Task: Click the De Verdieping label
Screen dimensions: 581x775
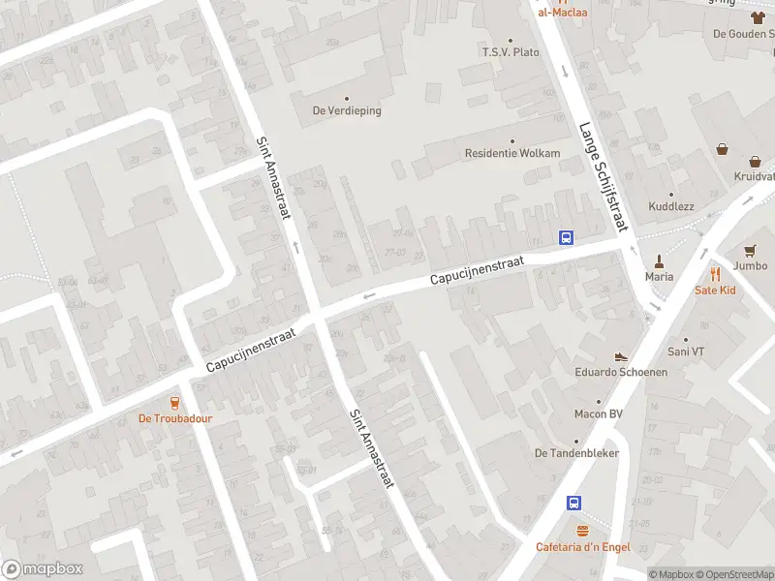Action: (x=346, y=110)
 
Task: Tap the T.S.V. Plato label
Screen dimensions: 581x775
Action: (x=511, y=51)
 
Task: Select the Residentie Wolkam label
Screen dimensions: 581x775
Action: (x=512, y=153)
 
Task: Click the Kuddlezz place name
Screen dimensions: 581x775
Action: (x=672, y=206)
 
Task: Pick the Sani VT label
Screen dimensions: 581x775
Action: (x=685, y=352)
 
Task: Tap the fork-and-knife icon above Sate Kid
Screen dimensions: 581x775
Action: (x=716, y=273)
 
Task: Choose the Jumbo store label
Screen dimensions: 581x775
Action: (x=751, y=265)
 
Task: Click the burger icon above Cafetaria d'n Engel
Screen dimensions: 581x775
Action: (x=582, y=531)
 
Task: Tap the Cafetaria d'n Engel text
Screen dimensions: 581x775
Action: (x=582, y=547)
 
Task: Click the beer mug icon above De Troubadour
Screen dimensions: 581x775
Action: (x=175, y=403)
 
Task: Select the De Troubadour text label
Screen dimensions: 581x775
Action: (x=175, y=419)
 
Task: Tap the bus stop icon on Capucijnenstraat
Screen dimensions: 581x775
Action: (x=566, y=237)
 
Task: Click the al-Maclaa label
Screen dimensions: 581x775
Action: (x=562, y=13)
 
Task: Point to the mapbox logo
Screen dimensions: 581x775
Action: (x=43, y=569)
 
